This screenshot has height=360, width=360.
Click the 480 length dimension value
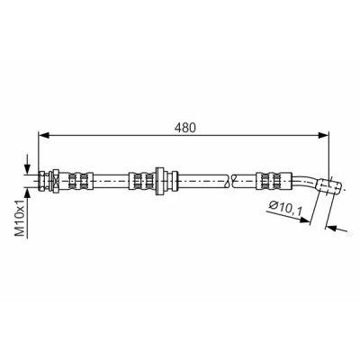[185, 127]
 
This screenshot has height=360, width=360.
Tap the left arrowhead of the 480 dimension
[44, 135]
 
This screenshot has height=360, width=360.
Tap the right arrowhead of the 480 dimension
[324, 135]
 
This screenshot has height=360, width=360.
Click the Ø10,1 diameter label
[285, 206]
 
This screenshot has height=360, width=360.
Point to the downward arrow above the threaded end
[27, 165]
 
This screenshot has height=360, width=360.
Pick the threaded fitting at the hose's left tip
[42, 181]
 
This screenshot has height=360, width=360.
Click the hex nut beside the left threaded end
[55, 181]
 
